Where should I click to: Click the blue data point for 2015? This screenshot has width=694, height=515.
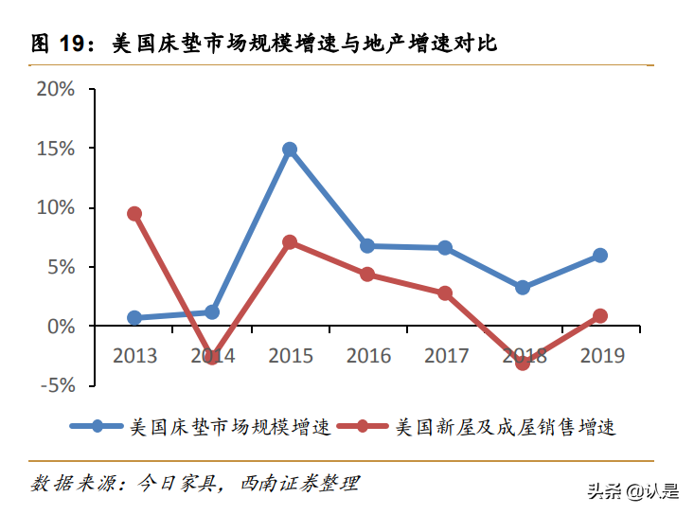click(290, 150)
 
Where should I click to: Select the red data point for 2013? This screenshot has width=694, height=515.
click(134, 214)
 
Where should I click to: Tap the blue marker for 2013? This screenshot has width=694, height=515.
click(134, 318)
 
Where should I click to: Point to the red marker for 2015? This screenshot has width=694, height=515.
click(290, 242)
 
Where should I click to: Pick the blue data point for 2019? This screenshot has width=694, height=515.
click(600, 256)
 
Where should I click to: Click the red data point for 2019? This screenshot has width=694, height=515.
click(600, 316)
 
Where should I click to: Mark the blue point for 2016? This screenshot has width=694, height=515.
click(367, 246)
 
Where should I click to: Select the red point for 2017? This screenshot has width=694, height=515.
click(445, 293)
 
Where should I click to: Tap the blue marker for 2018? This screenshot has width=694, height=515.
click(523, 288)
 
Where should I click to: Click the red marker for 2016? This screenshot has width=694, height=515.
click(367, 275)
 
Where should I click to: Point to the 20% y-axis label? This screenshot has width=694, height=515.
click(55, 89)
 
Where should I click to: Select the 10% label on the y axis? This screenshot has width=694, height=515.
click(55, 207)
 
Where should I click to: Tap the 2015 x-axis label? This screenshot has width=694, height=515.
click(290, 356)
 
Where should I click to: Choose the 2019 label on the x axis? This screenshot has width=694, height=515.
click(600, 356)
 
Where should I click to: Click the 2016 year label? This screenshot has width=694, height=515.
click(367, 356)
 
